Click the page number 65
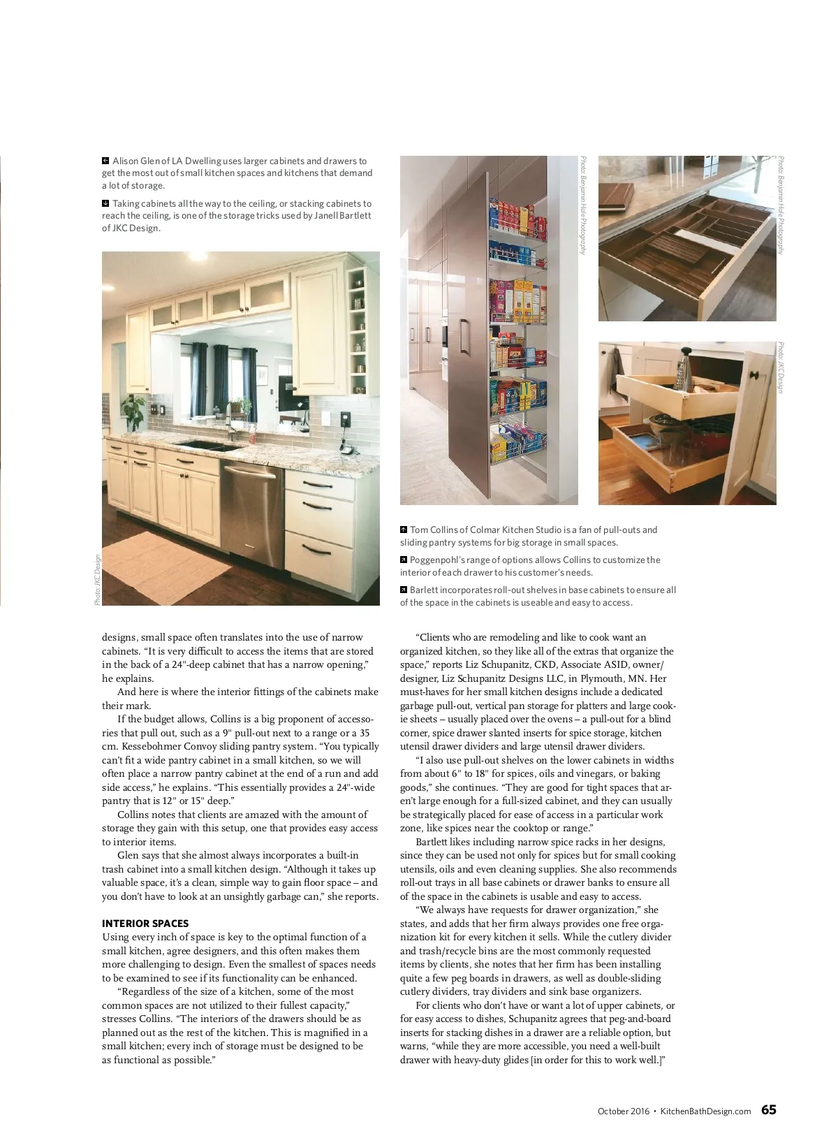pyautogui.click(x=768, y=1110)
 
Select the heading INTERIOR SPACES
pyautogui.click(x=145, y=924)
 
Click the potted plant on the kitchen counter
pyautogui.click(x=133, y=411)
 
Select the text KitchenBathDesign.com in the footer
pyautogui.click(x=705, y=1111)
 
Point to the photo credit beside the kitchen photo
pyautogui.click(x=97, y=580)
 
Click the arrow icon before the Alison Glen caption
pyautogui.click(x=105, y=161)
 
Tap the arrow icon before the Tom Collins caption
pyautogui.click(x=404, y=530)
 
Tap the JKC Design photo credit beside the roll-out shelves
pyautogui.click(x=781, y=367)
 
